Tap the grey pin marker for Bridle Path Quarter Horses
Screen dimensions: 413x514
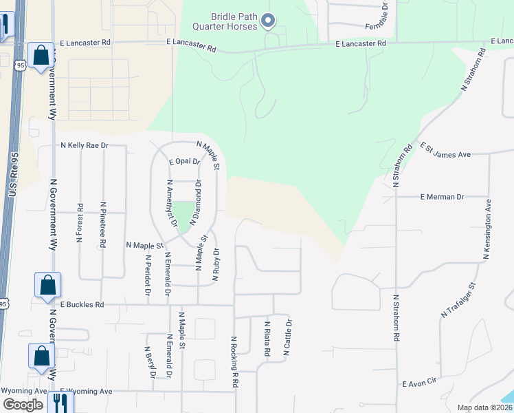pos(269,21)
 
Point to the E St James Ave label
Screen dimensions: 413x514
pos(446,150)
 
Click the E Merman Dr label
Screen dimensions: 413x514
pos(442,197)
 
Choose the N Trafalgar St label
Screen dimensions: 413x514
pos(458,300)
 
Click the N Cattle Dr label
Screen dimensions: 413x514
pos(289,338)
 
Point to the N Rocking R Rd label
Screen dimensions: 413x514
pos(235,361)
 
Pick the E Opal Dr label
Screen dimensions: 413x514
pos(182,162)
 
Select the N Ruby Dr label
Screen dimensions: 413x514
pos(216,266)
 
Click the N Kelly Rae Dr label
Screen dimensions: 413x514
pos(85,146)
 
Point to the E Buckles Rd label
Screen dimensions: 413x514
pos(81,304)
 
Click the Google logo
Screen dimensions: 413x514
pos(23,405)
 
